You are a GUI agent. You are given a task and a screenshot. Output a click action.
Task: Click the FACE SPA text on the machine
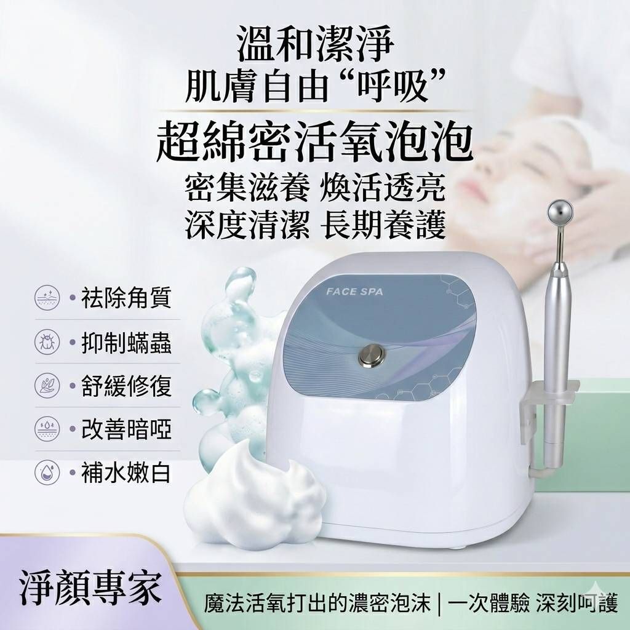point(354,291)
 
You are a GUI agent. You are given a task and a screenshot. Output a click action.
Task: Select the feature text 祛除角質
point(127,298)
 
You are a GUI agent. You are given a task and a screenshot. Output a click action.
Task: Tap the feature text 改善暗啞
point(127,429)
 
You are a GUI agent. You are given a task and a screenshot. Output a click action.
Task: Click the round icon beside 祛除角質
point(47,298)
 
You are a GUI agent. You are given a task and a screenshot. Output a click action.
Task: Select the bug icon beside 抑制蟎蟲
point(47,342)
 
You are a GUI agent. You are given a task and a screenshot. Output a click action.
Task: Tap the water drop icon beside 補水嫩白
point(47,472)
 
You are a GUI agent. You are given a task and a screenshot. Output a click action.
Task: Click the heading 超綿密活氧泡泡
point(314,143)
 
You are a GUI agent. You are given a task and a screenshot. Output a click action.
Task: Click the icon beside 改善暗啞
point(47,429)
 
